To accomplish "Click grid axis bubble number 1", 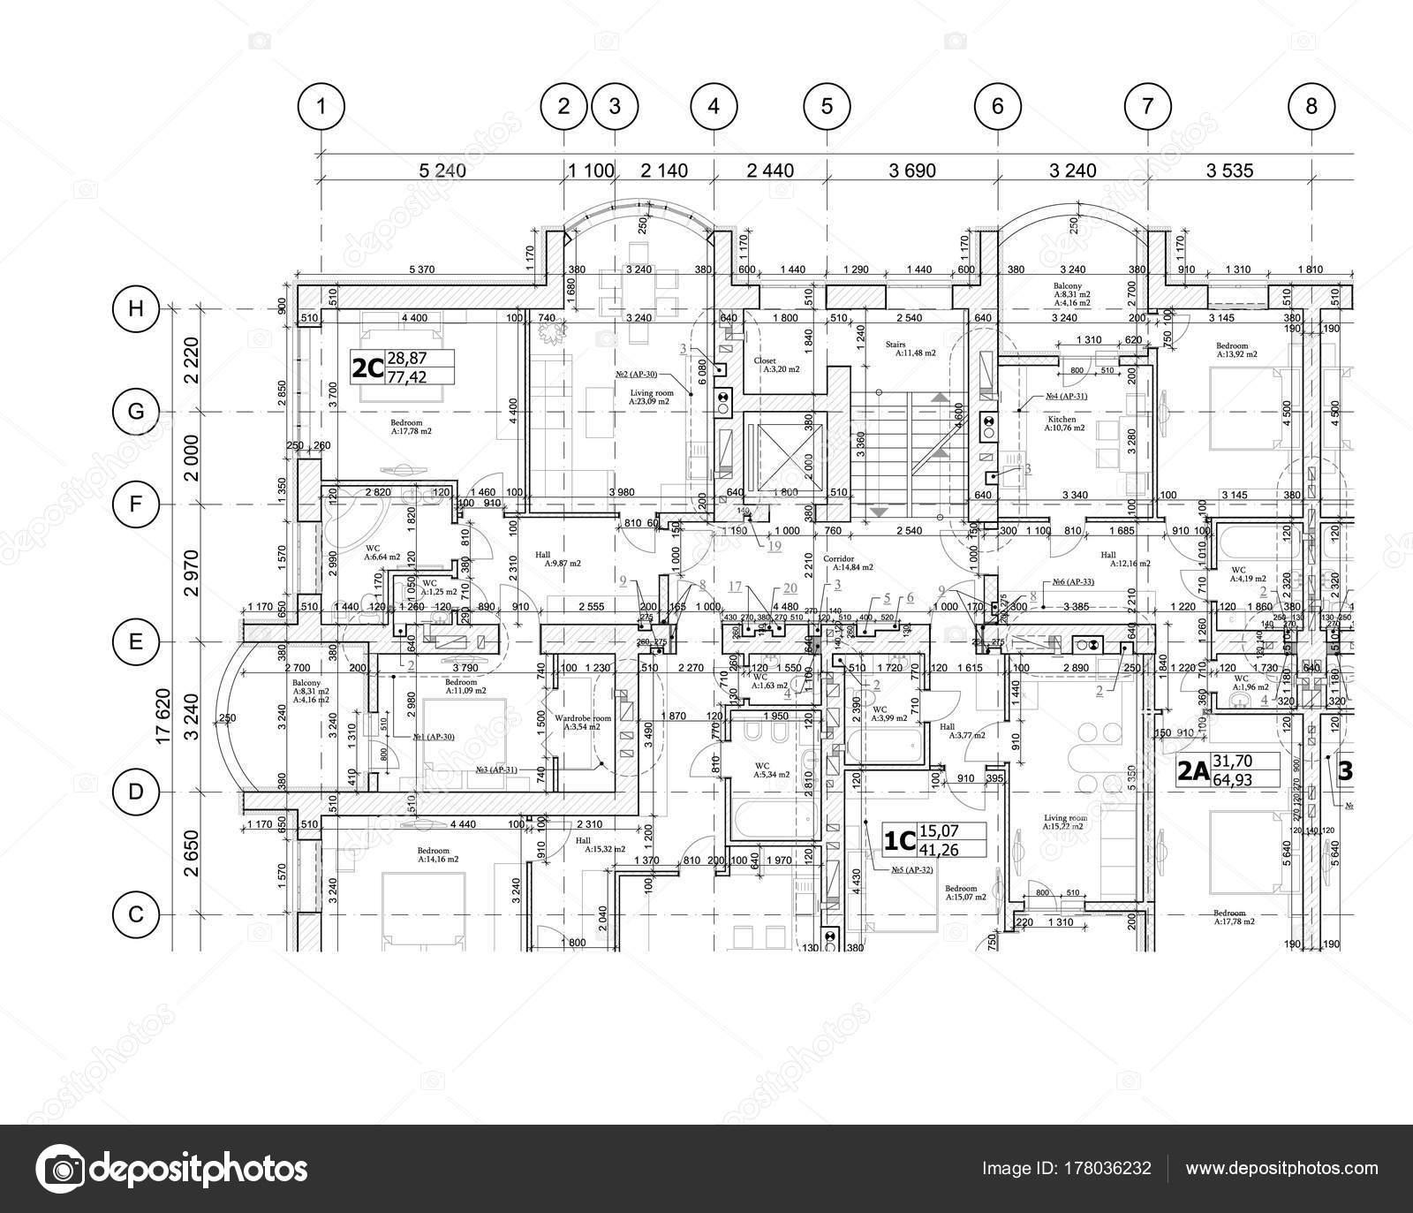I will (x=321, y=107).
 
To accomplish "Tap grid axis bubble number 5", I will (x=827, y=107).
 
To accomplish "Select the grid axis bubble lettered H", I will (x=136, y=308).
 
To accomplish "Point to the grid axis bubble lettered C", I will (x=136, y=914).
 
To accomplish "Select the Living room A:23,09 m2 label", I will (x=652, y=396).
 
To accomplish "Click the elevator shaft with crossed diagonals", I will (x=783, y=455).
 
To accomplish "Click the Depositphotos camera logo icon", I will (x=59, y=1168).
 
